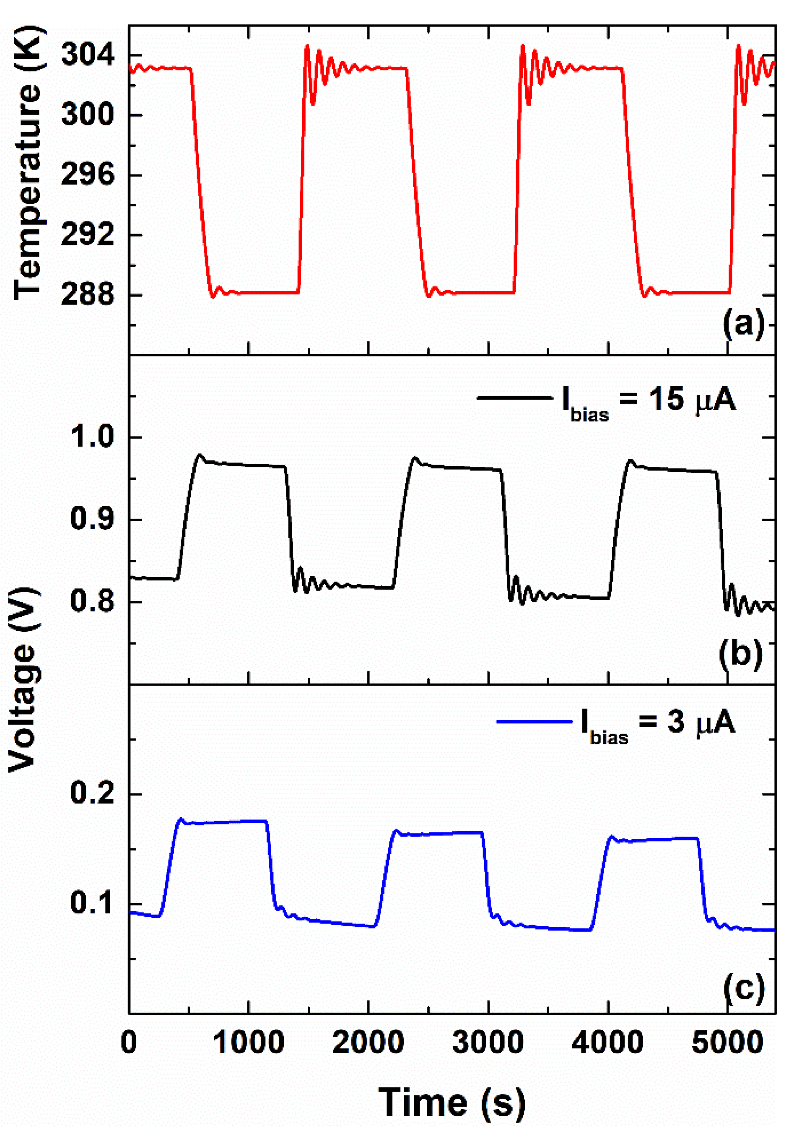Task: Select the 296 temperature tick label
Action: (x=88, y=175)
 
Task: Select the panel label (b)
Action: (x=740, y=654)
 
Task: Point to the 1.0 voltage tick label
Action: (x=92, y=437)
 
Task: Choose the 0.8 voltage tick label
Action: (x=92, y=601)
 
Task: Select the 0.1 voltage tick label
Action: (x=92, y=903)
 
